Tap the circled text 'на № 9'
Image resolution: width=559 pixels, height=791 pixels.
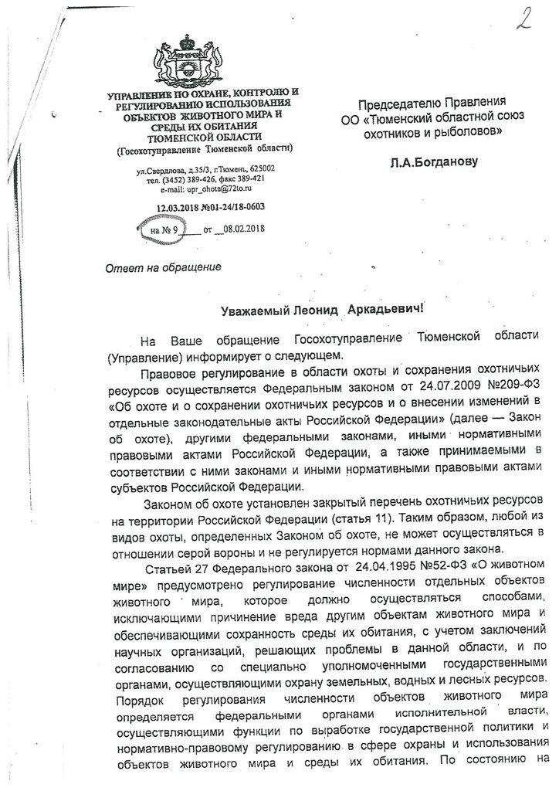[x=165, y=229]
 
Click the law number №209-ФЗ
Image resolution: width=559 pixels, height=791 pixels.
[x=513, y=389]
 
